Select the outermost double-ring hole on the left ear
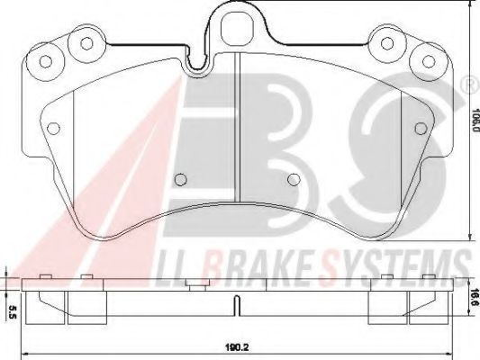(42, 60)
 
